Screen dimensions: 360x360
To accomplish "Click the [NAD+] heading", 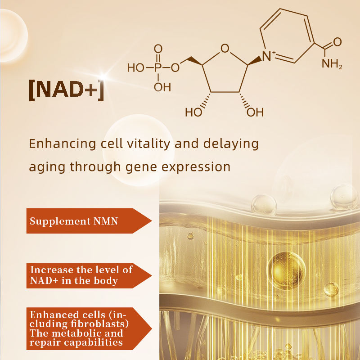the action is click(67, 89).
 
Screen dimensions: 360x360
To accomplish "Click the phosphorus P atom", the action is click(157, 67).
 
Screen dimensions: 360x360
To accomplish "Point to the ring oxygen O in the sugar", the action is click(225, 48).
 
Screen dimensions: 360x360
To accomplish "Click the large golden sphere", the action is click(287, 269).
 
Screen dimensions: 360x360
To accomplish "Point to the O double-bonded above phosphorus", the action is click(157, 49).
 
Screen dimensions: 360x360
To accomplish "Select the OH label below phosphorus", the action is click(162, 87).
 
